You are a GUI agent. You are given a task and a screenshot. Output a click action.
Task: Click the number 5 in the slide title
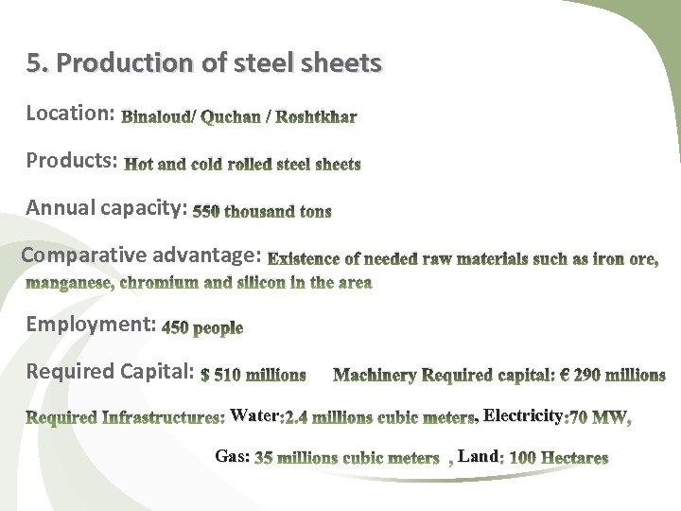[34, 63]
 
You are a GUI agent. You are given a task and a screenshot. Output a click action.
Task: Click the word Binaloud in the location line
[158, 117]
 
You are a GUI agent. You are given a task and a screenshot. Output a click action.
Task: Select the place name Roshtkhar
[317, 117]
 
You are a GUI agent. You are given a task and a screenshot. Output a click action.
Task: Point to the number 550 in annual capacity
[205, 212]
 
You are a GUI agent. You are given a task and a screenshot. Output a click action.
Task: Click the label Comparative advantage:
[141, 255]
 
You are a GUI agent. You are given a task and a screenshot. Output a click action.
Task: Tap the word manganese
[68, 282]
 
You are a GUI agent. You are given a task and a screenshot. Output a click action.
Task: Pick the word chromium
[159, 282]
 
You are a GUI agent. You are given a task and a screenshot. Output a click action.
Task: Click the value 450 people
[202, 328]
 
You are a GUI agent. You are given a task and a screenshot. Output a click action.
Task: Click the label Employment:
[91, 325]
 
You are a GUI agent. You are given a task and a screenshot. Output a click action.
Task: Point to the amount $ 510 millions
[253, 375]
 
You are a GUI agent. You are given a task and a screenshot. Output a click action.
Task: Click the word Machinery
[375, 375]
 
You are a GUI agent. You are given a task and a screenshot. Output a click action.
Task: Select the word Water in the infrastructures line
[253, 415]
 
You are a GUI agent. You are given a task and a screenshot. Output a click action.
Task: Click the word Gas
[231, 456]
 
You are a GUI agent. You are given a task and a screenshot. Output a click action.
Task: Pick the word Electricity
[522, 414]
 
